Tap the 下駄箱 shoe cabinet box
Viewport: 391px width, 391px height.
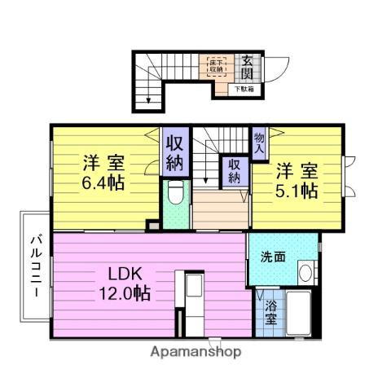click(x=245, y=89)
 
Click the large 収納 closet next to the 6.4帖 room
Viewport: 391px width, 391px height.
click(x=174, y=152)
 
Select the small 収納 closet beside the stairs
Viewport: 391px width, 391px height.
click(x=235, y=169)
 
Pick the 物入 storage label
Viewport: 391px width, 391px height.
click(x=258, y=144)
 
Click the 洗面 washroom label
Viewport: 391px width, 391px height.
click(x=272, y=257)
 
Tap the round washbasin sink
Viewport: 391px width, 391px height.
click(x=306, y=272)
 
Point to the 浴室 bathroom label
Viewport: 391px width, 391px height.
click(x=270, y=314)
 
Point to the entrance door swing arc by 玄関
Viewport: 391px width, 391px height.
click(x=273, y=68)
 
